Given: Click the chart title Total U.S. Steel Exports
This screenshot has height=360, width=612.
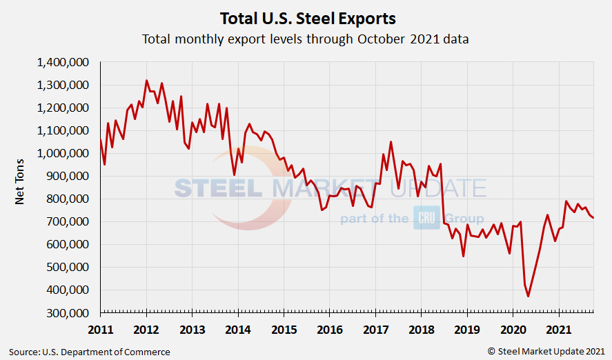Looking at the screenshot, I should pos(307,17).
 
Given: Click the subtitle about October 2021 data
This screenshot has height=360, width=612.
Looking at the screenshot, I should pos(306,39).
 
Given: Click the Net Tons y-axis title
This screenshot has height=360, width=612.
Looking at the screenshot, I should pos(21,187).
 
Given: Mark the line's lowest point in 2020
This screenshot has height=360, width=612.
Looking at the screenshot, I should pos(529,297).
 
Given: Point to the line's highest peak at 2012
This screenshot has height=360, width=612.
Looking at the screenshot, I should pos(146,81).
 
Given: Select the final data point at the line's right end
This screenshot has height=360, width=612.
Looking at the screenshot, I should pos(593,218).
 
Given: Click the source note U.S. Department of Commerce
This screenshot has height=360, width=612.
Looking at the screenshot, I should pos(90,352).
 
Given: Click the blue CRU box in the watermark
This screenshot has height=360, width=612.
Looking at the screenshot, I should pos(426,219).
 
